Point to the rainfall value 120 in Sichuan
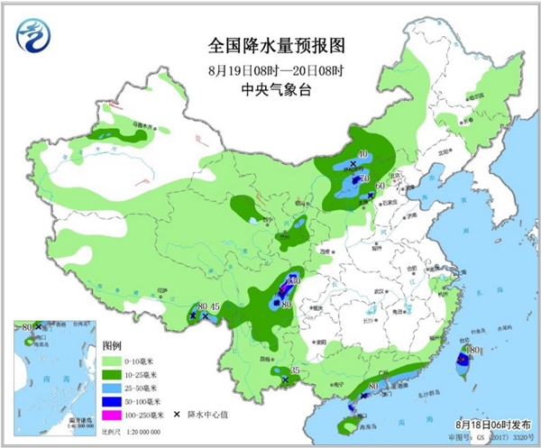tap(290, 282)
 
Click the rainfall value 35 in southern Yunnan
tap(295, 371)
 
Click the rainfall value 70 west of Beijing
tap(366, 180)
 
